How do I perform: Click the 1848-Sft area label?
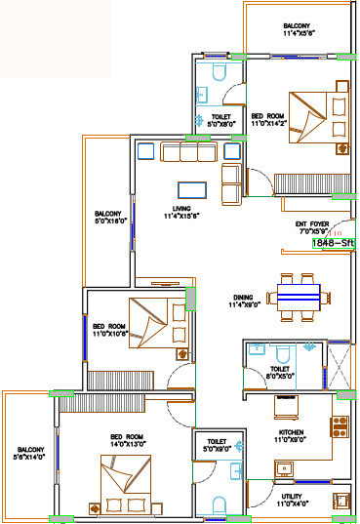pos(333,244)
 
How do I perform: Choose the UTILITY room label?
pos(291,496)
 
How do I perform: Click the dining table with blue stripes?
pos(298,294)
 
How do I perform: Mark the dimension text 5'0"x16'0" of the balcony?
pos(108,222)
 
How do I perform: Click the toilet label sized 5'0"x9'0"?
pos(217,448)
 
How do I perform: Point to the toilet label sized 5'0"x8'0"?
pos(214,124)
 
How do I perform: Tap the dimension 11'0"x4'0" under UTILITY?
pos(291,504)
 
